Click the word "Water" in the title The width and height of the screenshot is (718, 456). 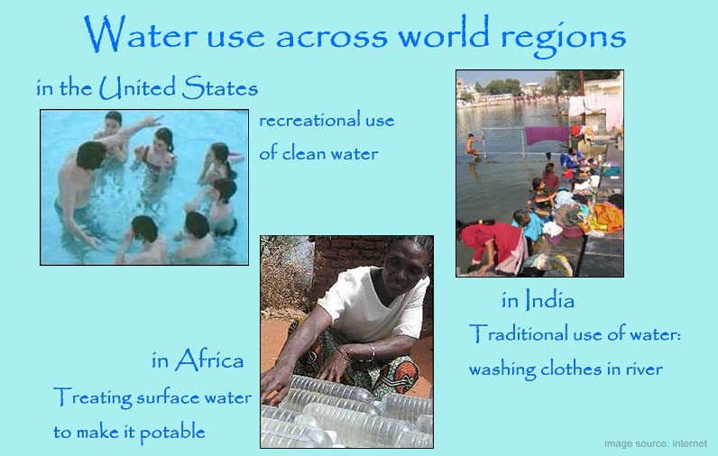point(140,34)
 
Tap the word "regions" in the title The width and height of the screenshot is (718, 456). point(564,39)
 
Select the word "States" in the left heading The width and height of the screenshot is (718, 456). point(220,87)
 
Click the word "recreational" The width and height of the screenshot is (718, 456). point(309,120)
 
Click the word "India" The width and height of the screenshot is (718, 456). point(549,300)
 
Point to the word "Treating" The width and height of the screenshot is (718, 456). point(93,397)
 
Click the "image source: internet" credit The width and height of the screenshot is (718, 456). point(655,443)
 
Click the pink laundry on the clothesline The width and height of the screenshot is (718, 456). point(596,109)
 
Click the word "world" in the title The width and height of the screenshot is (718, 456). point(443,33)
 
